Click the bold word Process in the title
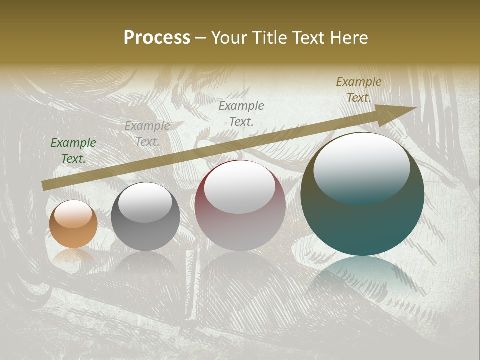[157, 38]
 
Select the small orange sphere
[73, 224]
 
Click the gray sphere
[145, 217]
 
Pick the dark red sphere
[240, 206]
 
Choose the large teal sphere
[362, 194]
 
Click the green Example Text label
[73, 151]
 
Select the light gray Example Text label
[147, 134]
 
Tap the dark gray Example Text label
[241, 113]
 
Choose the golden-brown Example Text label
[359, 90]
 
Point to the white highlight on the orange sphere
[73, 214]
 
